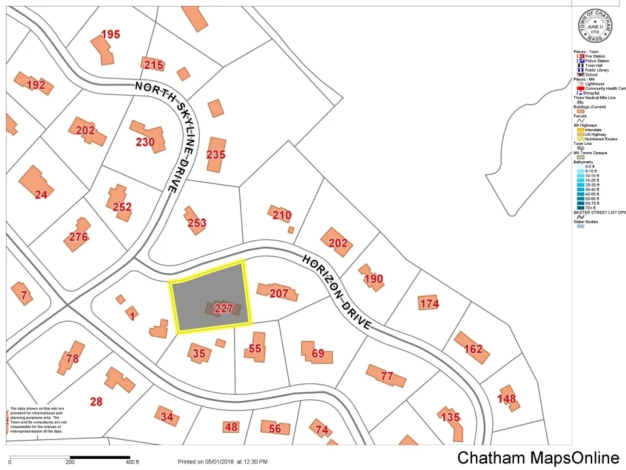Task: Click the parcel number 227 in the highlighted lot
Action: tap(224, 309)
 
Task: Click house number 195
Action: tap(110, 35)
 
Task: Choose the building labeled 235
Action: tap(216, 155)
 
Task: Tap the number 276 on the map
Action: tap(78, 237)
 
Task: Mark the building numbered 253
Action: tap(197, 223)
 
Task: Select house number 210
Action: tap(282, 215)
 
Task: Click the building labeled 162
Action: tap(473, 349)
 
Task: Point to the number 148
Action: tap(507, 399)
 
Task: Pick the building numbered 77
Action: tap(387, 376)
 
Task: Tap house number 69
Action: tap(318, 354)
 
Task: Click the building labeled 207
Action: tap(278, 294)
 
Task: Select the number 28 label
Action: tap(97, 401)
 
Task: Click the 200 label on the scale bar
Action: tap(70, 462)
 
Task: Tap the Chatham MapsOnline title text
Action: tap(538, 458)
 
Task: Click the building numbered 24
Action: tap(41, 194)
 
